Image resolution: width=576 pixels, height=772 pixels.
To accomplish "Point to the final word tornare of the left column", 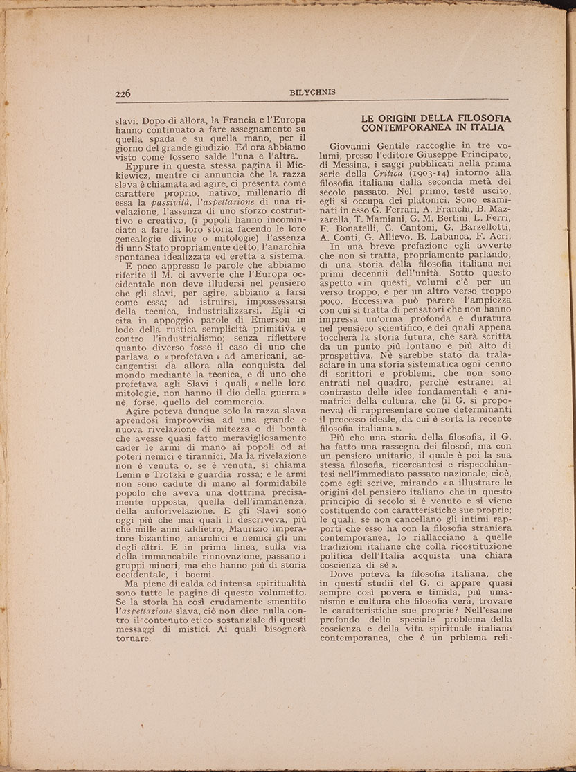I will point(134,638).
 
